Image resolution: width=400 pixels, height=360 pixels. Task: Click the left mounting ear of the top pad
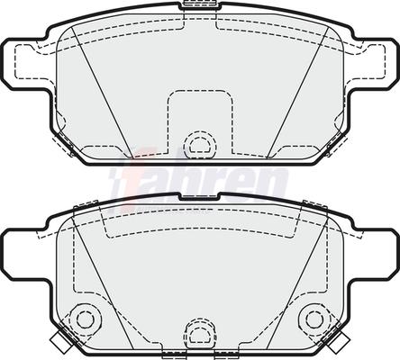coord(25,64)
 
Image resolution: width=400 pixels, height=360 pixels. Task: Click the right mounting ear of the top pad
coord(375,64)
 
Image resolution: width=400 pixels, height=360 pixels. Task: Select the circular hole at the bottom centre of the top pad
coord(200,145)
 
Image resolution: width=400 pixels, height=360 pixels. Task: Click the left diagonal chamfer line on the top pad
coord(102,93)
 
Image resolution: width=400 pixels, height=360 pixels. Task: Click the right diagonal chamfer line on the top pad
coord(297,93)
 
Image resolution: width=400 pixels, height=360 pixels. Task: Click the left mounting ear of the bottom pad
coord(25,255)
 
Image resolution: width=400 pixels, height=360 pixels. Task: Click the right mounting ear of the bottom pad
coord(375,255)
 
